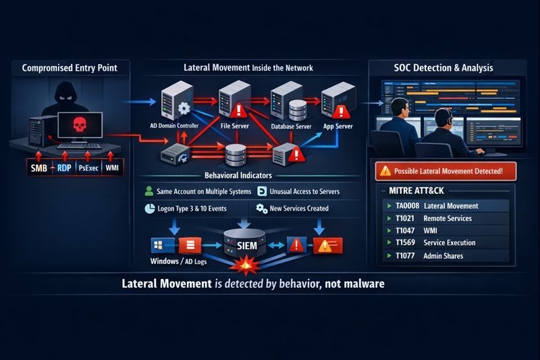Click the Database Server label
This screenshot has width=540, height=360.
290,126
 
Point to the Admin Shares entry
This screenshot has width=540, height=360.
443,256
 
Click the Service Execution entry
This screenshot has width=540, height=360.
449,243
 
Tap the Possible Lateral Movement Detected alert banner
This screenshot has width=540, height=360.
443,170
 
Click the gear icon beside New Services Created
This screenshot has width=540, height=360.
261,208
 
